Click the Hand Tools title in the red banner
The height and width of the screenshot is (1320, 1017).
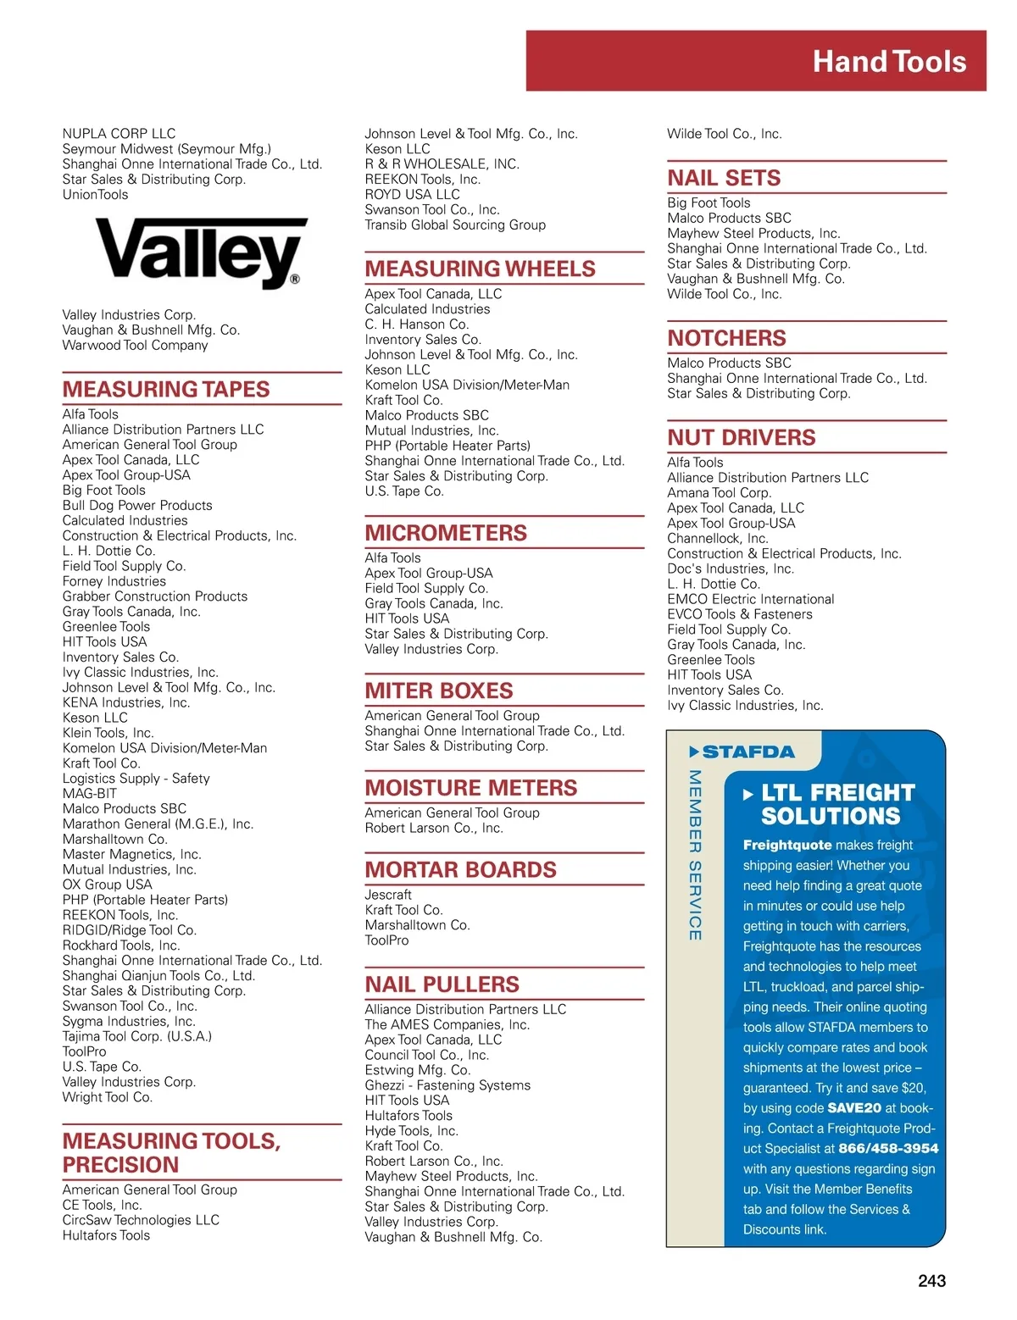889,62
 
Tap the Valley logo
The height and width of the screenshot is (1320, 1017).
201,252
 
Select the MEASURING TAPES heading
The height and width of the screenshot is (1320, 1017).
166,390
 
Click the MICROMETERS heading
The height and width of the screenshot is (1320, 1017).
446,534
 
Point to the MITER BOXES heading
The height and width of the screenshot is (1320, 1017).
439,691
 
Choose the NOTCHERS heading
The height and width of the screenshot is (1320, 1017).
726,339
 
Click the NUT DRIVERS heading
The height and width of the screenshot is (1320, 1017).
741,438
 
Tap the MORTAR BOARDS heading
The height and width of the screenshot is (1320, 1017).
460,870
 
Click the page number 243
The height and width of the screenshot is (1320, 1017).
931,1281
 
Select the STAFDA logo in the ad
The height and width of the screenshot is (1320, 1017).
742,752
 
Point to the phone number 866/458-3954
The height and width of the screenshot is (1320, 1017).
888,1149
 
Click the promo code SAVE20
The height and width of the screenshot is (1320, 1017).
854,1108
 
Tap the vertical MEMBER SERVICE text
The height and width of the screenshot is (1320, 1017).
695,855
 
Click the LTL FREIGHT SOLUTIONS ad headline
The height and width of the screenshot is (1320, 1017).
831,805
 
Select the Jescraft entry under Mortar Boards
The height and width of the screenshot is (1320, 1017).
388,895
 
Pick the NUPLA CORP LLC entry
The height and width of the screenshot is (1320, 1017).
119,134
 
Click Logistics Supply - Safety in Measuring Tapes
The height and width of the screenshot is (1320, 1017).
136,779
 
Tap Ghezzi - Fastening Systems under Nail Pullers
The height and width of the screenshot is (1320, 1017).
447,1085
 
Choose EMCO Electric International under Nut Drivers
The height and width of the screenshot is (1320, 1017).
750,599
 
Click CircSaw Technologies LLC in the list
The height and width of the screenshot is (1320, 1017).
141,1220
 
